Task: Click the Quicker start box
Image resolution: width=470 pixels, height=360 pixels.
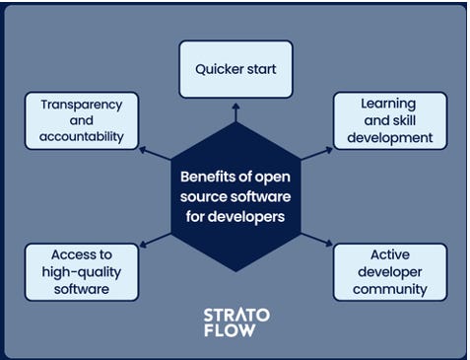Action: pyautogui.click(x=235, y=69)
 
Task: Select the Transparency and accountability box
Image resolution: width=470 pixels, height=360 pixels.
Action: pyautogui.click(x=82, y=120)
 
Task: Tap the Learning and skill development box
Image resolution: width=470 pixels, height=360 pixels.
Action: pyautogui.click(x=390, y=120)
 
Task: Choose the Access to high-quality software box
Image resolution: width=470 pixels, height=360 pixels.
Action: pyautogui.click(x=82, y=272)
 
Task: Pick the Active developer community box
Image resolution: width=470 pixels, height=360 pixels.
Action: pyautogui.click(x=390, y=272)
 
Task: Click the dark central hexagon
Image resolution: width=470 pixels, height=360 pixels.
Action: pyautogui.click(x=235, y=196)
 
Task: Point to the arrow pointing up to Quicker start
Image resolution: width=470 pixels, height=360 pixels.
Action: pyautogui.click(x=235, y=112)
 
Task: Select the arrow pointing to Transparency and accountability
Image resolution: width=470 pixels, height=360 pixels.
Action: pyautogui.click(x=155, y=154)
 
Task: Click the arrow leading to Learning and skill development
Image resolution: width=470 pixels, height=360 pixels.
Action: pyautogui.click(x=317, y=154)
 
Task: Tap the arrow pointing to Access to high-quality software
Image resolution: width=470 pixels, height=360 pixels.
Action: pyautogui.click(x=155, y=241)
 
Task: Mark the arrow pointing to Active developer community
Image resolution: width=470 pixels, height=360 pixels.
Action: pyautogui.click(x=317, y=240)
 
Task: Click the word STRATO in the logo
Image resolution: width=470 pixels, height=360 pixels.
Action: pyautogui.click(x=236, y=316)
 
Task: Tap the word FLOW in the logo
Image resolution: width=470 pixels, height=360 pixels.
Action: pyautogui.click(x=230, y=330)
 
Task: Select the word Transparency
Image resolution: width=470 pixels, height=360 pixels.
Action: pyautogui.click(x=82, y=105)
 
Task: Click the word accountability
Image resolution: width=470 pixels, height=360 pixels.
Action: pyautogui.click(x=82, y=137)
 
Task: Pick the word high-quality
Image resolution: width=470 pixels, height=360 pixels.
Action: pyautogui.click(x=82, y=272)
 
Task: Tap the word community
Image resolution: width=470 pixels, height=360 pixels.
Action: pyautogui.click(x=390, y=290)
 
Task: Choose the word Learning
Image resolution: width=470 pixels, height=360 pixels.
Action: pyautogui.click(x=388, y=105)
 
